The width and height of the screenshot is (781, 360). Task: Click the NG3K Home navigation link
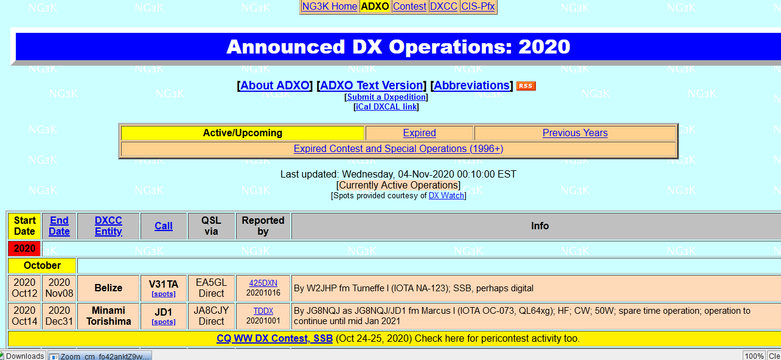[330, 6]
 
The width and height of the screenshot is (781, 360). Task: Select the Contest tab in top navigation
[409, 6]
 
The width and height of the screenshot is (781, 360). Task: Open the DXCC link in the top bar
[443, 6]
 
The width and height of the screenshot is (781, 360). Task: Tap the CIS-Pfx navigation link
[478, 6]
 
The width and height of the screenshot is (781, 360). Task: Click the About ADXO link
[275, 85]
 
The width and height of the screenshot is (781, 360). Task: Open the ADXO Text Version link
[371, 85]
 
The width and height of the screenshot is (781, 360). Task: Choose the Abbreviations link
[472, 85]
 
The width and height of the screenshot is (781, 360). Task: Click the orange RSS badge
[526, 86]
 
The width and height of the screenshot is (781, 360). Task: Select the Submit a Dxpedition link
[386, 97]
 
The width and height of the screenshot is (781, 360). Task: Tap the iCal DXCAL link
[386, 106]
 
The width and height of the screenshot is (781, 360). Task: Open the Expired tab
[420, 133]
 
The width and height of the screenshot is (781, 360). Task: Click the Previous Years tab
[575, 133]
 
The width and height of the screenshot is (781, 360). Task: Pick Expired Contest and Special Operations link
[398, 149]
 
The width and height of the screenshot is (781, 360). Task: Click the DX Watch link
[446, 196]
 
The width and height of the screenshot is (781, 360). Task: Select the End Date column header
[59, 226]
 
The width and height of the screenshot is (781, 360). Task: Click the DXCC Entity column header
[108, 226]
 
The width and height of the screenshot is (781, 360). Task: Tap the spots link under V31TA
[164, 294]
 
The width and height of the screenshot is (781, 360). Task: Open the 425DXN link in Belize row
[263, 283]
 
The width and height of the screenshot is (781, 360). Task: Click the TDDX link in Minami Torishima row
[263, 311]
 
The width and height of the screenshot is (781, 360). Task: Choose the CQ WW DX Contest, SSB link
[275, 338]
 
